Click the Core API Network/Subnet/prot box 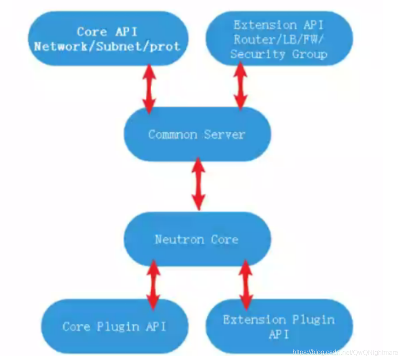(107, 38)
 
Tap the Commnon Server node (197, 134)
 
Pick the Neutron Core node (197, 239)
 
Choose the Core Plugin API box (114, 327)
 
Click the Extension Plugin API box (279, 327)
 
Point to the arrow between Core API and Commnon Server (149, 88)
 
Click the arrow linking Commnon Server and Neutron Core (199, 184)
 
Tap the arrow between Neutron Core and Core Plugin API (154, 285)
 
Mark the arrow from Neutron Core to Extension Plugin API (246, 285)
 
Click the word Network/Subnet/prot (107, 46)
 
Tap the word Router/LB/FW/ (279, 40)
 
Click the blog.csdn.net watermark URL (345, 353)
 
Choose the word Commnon (173, 134)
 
